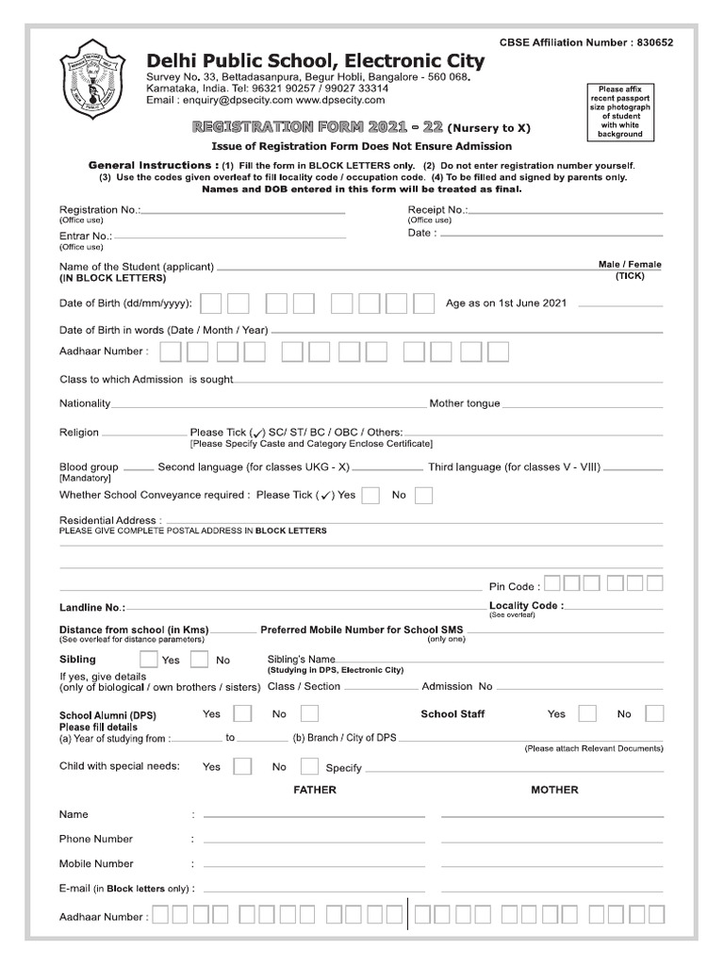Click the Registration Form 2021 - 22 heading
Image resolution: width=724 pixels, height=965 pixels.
[x=318, y=126]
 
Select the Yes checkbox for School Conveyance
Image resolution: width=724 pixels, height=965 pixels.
[x=370, y=495]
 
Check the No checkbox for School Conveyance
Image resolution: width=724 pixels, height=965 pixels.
[x=424, y=495]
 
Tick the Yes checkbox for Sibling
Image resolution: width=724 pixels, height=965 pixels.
[x=148, y=660]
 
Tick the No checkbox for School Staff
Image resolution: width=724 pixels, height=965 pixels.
[x=654, y=713]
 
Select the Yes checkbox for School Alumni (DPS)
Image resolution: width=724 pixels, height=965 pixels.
[x=242, y=713]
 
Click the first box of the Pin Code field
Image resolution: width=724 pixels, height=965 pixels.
[x=553, y=584]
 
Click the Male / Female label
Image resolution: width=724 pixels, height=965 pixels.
[x=629, y=265]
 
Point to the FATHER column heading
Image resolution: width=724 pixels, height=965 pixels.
[x=315, y=790]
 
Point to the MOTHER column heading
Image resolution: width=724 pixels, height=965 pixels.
[x=554, y=790]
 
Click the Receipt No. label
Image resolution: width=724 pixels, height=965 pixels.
[x=437, y=209]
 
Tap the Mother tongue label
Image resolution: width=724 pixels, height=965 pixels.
[x=465, y=403]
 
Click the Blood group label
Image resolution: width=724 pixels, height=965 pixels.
[x=89, y=466]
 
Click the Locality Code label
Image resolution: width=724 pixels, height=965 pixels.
[x=526, y=605]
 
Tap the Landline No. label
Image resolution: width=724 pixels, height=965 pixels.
[x=91, y=608]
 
